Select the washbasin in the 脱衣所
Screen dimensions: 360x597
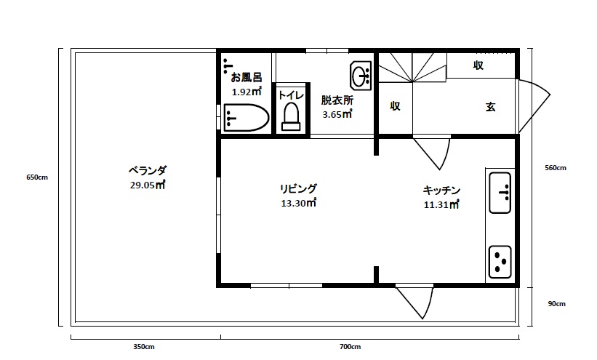361,75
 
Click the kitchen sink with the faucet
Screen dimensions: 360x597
500,193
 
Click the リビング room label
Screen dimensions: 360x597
298,189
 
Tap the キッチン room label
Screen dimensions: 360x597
441,191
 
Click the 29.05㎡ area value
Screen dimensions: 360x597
147,185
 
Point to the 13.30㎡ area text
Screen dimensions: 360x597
298,203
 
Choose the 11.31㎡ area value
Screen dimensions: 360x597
441,204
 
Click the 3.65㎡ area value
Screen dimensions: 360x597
337,114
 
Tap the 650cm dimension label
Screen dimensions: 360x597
36,177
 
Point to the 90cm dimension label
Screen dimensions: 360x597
556,304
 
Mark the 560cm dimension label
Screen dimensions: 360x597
556,168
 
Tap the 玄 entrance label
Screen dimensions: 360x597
490,107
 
